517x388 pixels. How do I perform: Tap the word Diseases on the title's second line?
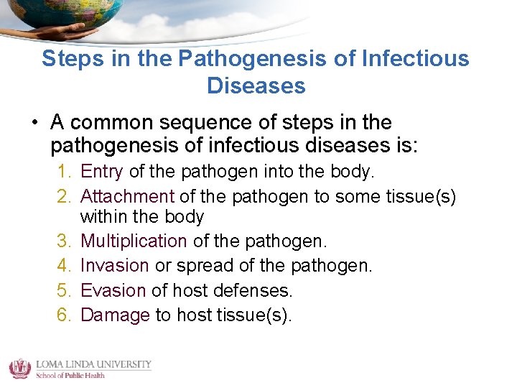pyautogui.click(x=256, y=86)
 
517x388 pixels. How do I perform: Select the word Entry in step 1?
pyautogui.click(x=102, y=172)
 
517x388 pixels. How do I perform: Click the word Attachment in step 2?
pyautogui.click(x=127, y=196)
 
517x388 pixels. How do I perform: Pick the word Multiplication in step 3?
pyautogui.click(x=134, y=241)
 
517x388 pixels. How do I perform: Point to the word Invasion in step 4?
pyautogui.click(x=114, y=266)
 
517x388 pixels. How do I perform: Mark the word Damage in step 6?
pyautogui.click(x=115, y=315)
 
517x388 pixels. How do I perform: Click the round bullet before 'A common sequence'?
pyautogui.click(x=34, y=123)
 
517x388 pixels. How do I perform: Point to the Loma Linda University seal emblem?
pyautogui.click(x=19, y=368)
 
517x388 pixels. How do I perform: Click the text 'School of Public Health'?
pyautogui.click(x=70, y=375)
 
